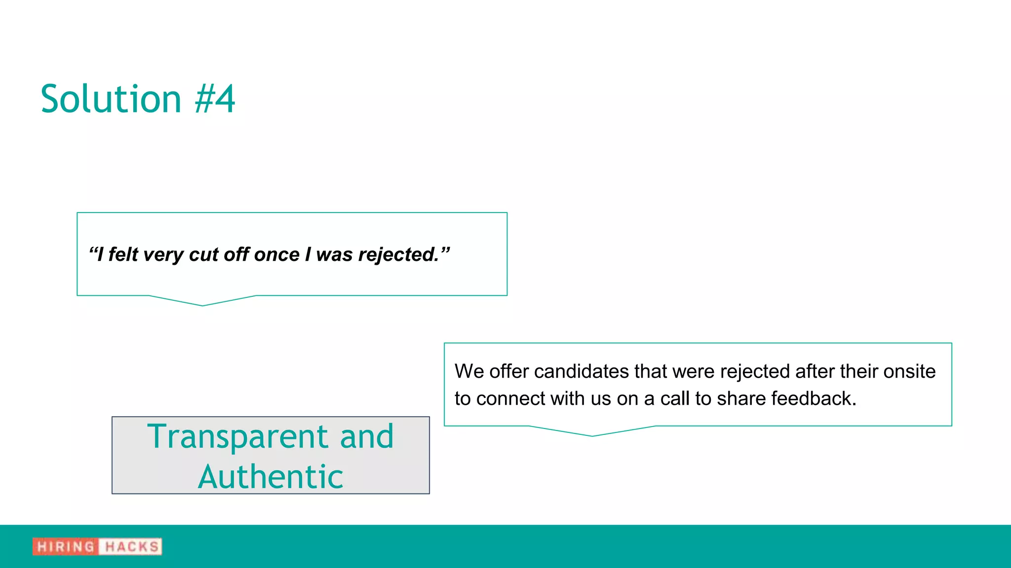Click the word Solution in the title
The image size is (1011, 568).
(111, 100)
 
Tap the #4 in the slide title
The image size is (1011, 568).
(215, 100)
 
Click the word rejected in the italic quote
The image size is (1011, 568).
(398, 255)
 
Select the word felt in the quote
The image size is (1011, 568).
(123, 255)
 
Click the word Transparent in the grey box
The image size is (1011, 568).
(238, 437)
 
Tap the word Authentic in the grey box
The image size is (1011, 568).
(271, 477)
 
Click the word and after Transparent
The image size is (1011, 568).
(366, 437)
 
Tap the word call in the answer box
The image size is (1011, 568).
(675, 398)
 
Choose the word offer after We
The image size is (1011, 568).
(509, 371)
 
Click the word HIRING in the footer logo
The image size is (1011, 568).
(66, 547)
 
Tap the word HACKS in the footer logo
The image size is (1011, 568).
(131, 547)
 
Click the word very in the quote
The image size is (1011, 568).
(163, 255)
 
